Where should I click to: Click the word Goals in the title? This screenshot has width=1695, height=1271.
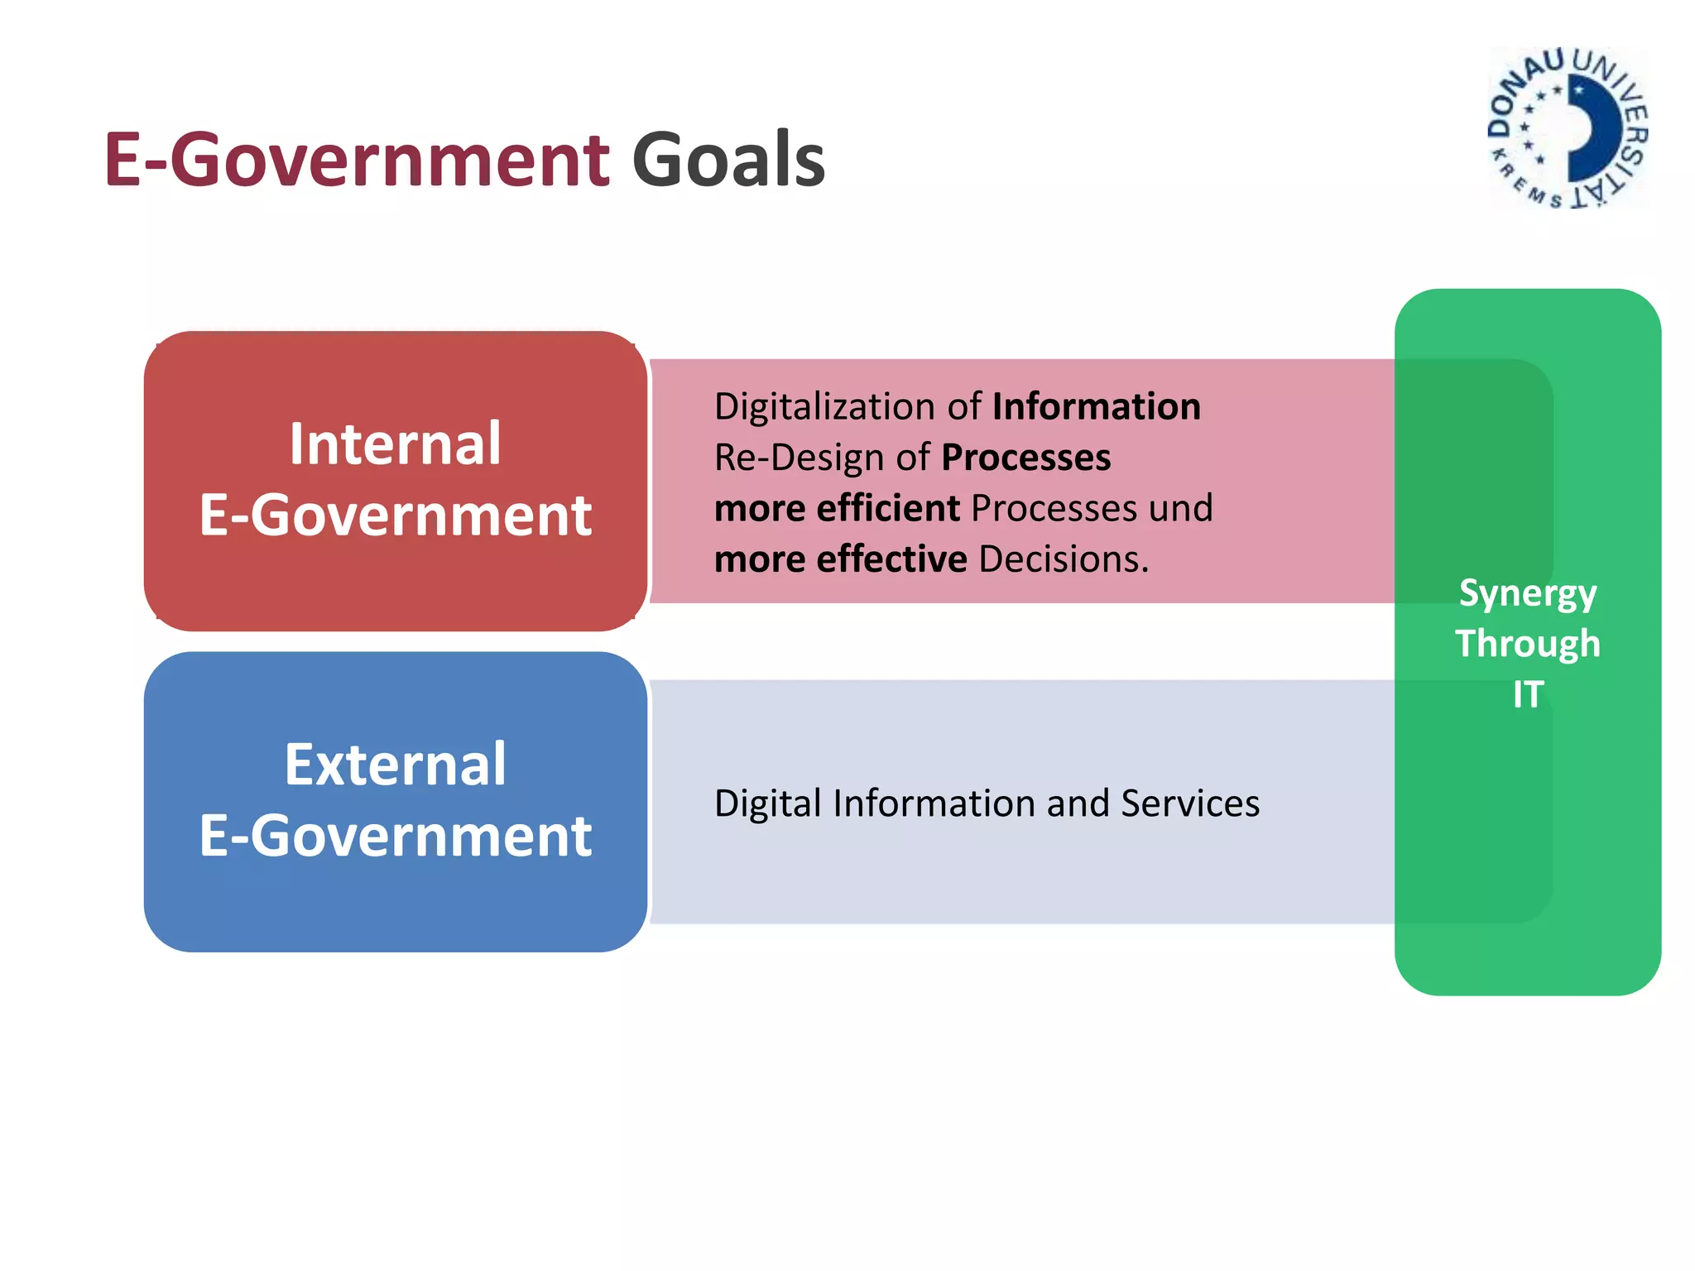tap(728, 160)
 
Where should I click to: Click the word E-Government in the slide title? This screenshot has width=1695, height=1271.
tap(357, 160)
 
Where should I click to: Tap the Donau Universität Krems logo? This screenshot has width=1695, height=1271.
tap(1568, 128)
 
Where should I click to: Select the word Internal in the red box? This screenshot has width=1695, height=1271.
tap(395, 444)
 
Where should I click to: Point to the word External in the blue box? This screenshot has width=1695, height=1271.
tap(395, 765)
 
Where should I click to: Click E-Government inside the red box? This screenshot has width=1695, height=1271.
tap(395, 516)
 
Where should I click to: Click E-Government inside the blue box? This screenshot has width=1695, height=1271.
tap(395, 836)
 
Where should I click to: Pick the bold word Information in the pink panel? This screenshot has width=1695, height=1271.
tap(1096, 407)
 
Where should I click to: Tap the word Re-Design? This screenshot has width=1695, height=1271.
tap(799, 458)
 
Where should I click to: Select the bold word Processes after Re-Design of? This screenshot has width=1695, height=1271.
tap(1025, 458)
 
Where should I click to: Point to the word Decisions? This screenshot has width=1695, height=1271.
tap(1064, 559)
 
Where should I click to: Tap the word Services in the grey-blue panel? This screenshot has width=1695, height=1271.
tap(1189, 803)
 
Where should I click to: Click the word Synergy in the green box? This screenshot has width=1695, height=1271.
tap(1527, 594)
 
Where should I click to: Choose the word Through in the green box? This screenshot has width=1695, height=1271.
tap(1527, 644)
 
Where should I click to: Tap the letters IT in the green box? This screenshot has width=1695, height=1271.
tap(1528, 694)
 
